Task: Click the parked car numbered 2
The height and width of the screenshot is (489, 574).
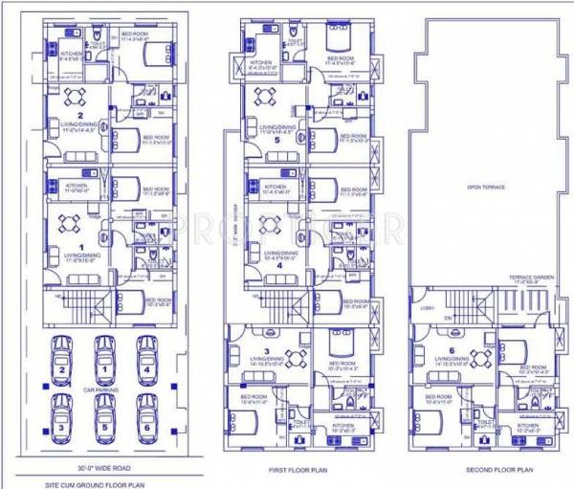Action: point(61,361)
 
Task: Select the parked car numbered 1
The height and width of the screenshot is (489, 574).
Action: point(102,361)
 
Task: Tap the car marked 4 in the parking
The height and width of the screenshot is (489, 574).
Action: point(145,361)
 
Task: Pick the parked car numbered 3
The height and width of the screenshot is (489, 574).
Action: point(61,414)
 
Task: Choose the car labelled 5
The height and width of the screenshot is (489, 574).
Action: point(102,414)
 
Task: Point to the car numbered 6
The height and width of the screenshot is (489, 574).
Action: point(145,414)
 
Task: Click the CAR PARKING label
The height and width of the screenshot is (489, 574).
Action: point(102,391)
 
